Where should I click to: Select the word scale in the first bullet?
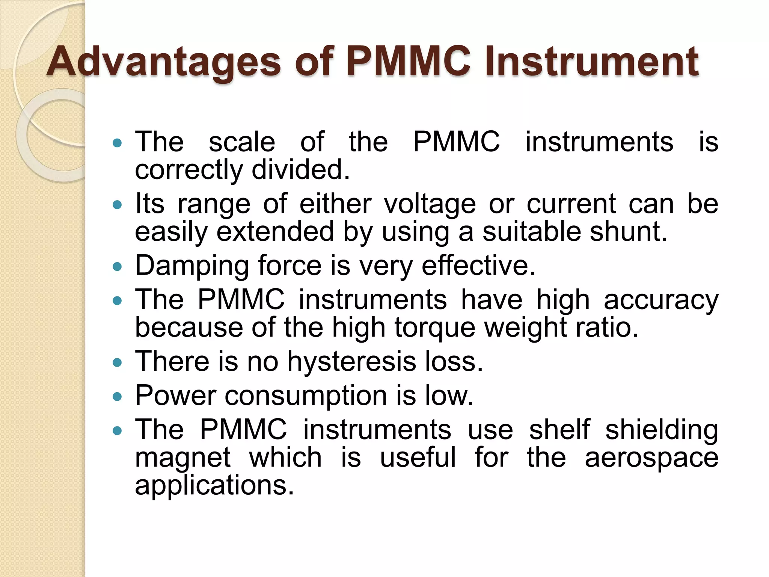(x=242, y=142)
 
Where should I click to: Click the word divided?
(x=300, y=170)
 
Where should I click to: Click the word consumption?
(x=306, y=396)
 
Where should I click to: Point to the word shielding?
(x=662, y=430)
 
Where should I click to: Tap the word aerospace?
(x=651, y=458)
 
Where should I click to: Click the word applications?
(x=214, y=485)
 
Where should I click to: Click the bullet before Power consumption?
(x=118, y=396)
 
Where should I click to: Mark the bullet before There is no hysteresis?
(x=118, y=362)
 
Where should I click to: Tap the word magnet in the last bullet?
(x=183, y=458)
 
